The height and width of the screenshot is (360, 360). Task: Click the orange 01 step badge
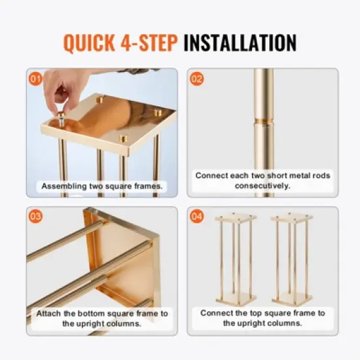pos(36,79)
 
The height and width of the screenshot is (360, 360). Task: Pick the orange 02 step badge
pos(197,79)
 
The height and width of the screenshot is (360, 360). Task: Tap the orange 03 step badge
pos(36,217)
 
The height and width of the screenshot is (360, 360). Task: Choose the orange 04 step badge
pos(197,217)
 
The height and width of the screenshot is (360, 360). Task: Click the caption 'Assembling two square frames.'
pos(102,187)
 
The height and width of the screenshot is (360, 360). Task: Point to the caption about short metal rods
pos(262,181)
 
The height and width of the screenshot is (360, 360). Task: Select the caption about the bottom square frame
pos(102,318)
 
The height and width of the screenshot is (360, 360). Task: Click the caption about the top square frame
pos(262,318)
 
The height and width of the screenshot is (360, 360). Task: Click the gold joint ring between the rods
pos(264,121)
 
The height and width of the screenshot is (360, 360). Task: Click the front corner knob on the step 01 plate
pos(123,139)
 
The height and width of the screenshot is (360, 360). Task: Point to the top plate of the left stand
pos(236,219)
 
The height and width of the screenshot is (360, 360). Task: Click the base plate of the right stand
pos(291,301)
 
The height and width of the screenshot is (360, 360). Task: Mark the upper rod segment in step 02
pos(264,92)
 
